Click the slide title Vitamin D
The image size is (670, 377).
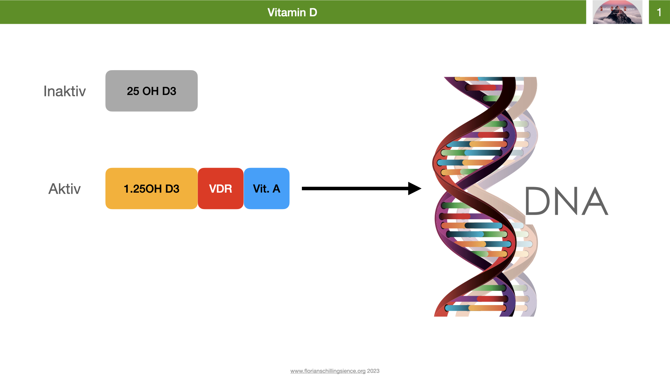point(292,13)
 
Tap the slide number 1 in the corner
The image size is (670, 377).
point(659,13)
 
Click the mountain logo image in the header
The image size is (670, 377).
point(617,13)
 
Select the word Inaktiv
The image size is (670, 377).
point(65,91)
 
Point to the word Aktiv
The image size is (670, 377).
point(65,189)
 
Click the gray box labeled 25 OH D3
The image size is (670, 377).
point(151,91)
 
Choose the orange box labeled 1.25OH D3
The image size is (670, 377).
point(151,188)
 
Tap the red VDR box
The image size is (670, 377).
point(221,188)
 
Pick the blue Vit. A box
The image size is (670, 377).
point(267,188)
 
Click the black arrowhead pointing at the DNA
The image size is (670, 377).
point(414,188)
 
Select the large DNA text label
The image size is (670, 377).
point(566,201)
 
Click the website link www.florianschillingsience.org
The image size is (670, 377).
point(328,371)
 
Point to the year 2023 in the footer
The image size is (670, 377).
point(373,371)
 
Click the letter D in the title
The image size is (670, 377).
point(313,13)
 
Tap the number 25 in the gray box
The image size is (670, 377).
point(133,91)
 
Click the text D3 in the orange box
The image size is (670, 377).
point(172,189)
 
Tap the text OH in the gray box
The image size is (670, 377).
point(150,91)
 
